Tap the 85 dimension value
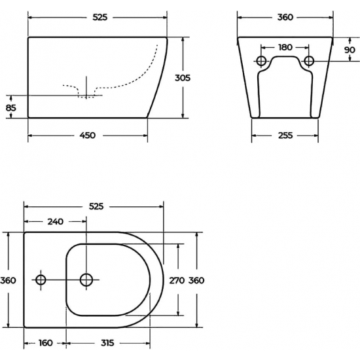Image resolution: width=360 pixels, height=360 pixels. (11, 107)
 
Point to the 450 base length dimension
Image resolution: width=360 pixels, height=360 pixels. (87, 135)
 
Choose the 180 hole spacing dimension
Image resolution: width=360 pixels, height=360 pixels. (284, 47)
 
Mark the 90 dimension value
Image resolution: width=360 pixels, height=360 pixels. (350, 50)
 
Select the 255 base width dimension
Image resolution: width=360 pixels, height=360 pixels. (284, 135)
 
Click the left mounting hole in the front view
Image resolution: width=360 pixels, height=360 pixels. (261, 62)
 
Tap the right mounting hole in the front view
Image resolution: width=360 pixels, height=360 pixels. (308, 62)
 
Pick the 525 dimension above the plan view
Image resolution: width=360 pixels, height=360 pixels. (96, 206)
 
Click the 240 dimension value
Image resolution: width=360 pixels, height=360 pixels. (56, 221)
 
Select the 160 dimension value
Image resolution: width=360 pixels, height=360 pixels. (45, 342)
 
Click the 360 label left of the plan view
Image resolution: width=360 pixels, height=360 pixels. (9, 280)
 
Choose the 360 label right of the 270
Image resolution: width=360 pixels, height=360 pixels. (196, 280)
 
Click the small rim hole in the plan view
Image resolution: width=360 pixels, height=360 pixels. (41, 280)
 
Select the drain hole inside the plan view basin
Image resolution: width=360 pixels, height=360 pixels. (86, 280)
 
